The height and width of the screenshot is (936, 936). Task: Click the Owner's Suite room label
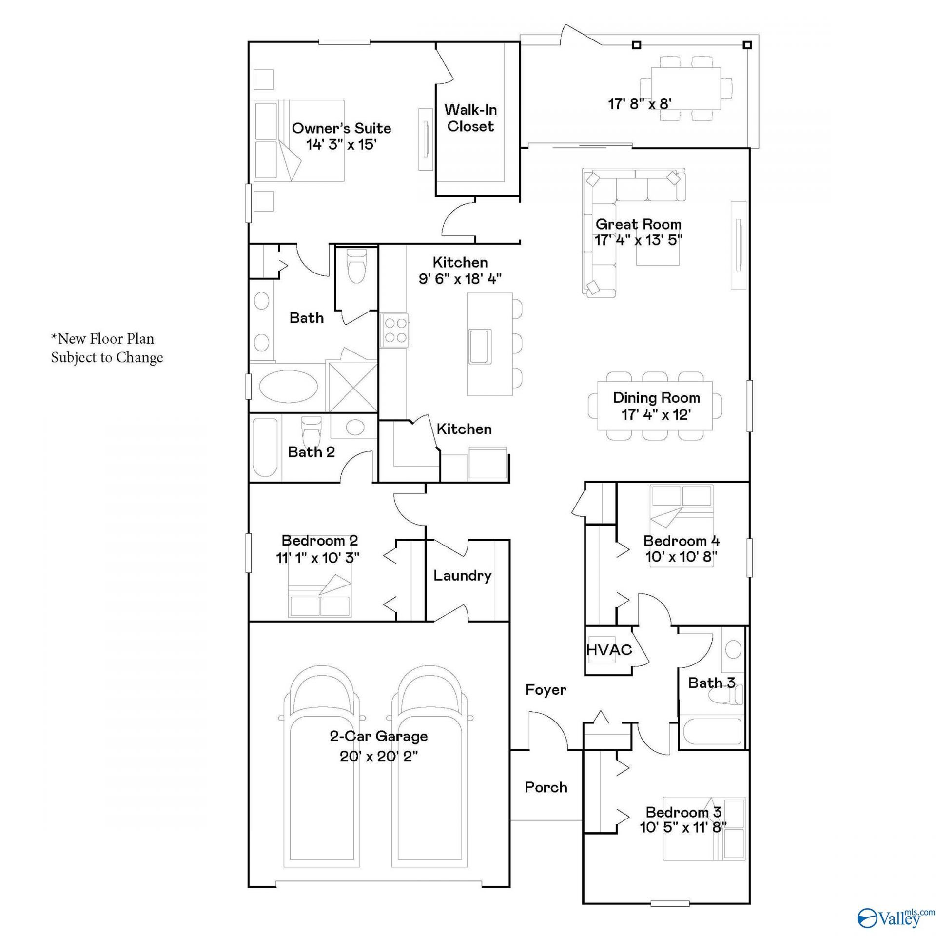point(341,128)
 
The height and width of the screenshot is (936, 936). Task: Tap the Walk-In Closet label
point(470,118)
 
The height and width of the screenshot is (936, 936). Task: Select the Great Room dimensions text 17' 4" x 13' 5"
point(638,240)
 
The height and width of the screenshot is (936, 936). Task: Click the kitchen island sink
point(480,346)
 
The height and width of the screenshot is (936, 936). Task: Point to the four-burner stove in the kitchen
point(394,331)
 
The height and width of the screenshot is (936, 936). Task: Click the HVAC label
point(609,650)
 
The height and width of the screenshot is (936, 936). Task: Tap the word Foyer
point(546,690)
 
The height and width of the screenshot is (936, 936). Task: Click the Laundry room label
point(462,576)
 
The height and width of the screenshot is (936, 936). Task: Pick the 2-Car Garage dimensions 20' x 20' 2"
point(379,756)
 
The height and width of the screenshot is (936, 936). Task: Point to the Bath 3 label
point(711,683)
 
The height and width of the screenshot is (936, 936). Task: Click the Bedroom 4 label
point(682,541)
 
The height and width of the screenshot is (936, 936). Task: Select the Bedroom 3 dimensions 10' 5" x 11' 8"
point(683,827)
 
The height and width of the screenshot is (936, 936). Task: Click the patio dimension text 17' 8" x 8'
point(640,104)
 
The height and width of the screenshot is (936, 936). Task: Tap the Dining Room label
point(656,398)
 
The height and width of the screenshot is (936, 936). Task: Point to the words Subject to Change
point(107,358)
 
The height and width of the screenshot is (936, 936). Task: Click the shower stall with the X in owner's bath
point(351,387)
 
